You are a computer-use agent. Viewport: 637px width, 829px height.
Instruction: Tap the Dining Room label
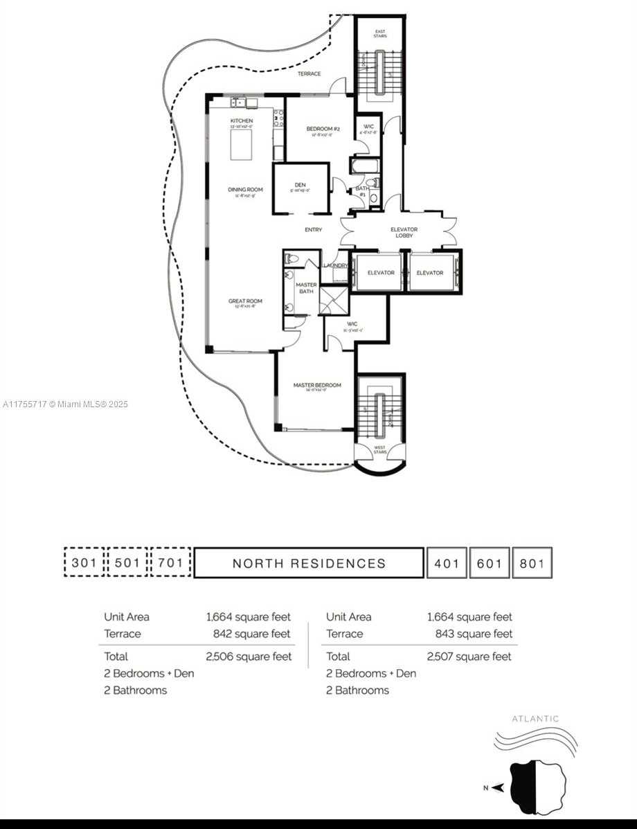pyautogui.click(x=245, y=189)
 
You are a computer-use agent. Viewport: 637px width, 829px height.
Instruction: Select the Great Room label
pyautogui.click(x=245, y=301)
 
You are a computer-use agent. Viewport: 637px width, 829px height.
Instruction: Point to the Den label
pyautogui.click(x=300, y=185)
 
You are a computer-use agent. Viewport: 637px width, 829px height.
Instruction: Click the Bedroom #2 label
pyautogui.click(x=323, y=129)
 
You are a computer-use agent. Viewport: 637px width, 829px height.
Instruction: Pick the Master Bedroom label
pyautogui.click(x=317, y=385)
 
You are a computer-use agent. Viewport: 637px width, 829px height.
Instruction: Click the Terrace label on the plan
pyautogui.click(x=309, y=73)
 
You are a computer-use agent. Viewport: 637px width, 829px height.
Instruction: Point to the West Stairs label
pyautogui.click(x=380, y=449)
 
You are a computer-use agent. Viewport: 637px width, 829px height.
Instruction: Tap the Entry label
pyautogui.click(x=313, y=230)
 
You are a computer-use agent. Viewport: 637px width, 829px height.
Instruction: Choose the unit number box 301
pyautogui.click(x=84, y=563)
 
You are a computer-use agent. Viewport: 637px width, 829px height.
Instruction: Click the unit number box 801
pyautogui.click(x=532, y=563)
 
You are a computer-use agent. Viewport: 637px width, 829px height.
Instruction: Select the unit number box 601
pyautogui.click(x=489, y=563)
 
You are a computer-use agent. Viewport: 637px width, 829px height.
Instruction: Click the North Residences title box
pyautogui.click(x=309, y=563)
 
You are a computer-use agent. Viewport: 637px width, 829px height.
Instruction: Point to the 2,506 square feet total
pyautogui.click(x=249, y=656)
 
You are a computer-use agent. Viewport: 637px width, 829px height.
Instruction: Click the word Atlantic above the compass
pyautogui.click(x=535, y=719)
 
